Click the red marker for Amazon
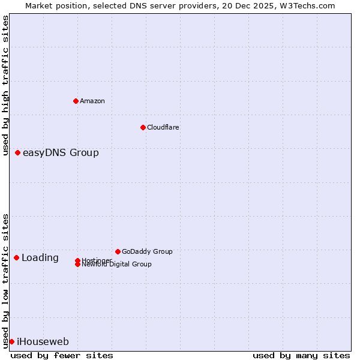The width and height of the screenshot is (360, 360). [x=76, y=101]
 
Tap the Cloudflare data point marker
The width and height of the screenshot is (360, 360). [x=143, y=127]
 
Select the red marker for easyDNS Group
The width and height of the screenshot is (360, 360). [x=18, y=153]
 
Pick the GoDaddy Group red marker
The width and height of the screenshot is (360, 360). [x=118, y=251]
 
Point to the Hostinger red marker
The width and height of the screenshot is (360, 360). [x=78, y=260]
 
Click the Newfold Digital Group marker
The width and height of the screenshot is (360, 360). [x=78, y=265]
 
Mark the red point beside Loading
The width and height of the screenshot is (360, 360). [x=17, y=258]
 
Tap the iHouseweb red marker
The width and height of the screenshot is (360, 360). [x=11, y=342]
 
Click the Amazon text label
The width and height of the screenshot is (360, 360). [x=92, y=101]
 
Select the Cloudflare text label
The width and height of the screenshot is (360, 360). [x=163, y=127]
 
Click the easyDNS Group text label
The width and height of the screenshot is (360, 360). [x=61, y=153]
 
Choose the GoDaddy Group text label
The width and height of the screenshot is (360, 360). [x=147, y=251]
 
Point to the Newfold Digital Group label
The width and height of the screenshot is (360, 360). [x=117, y=265]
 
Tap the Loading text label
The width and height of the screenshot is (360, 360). [x=40, y=258]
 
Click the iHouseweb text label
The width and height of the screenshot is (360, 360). [x=43, y=342]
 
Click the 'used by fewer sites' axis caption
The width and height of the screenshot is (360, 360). [x=62, y=355]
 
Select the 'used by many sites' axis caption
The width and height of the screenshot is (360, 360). [x=301, y=355]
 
